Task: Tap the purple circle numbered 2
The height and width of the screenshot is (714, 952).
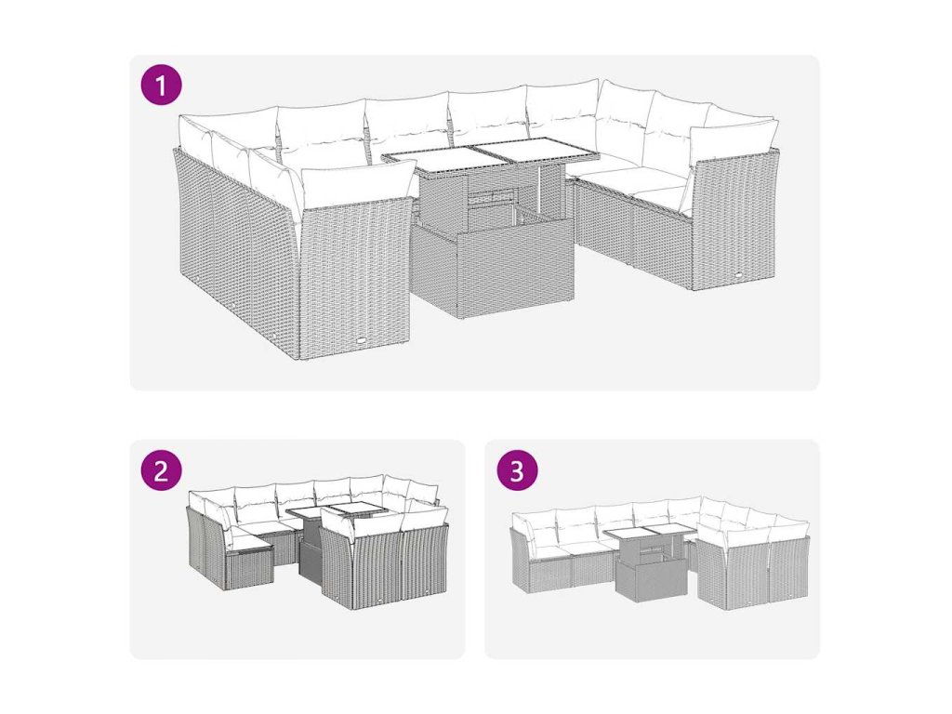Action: (161, 469)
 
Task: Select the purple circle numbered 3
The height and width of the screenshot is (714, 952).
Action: (517, 469)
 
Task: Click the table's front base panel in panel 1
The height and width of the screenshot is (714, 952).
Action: (515, 269)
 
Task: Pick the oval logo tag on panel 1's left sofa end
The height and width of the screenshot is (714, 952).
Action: (362, 341)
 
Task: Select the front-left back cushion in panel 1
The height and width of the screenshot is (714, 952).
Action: (357, 183)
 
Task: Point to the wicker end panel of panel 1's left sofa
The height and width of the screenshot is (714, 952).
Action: (358, 278)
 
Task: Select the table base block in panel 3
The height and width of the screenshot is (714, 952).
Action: (651, 580)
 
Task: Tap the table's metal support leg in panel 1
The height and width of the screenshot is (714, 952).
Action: (538, 192)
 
